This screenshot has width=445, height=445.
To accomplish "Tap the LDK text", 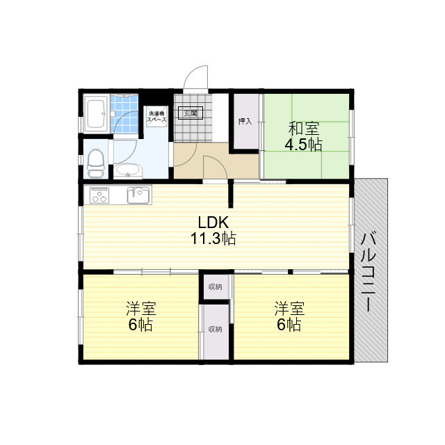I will [213, 223].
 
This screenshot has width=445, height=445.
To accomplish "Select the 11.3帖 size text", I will [213, 239].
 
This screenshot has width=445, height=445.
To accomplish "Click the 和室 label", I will [303, 129].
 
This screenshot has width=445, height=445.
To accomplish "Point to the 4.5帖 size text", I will [303, 145].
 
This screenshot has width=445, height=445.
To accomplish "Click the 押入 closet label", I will [245, 122].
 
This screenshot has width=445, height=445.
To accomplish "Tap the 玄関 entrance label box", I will [190, 113].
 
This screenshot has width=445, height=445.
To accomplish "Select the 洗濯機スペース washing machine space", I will [156, 117].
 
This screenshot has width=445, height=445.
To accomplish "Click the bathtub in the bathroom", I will [96, 113].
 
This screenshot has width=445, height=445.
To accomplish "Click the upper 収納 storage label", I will [215, 286].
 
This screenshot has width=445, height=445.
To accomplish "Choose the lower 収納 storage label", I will [215, 329].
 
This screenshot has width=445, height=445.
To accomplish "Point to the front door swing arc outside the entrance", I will [198, 76].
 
